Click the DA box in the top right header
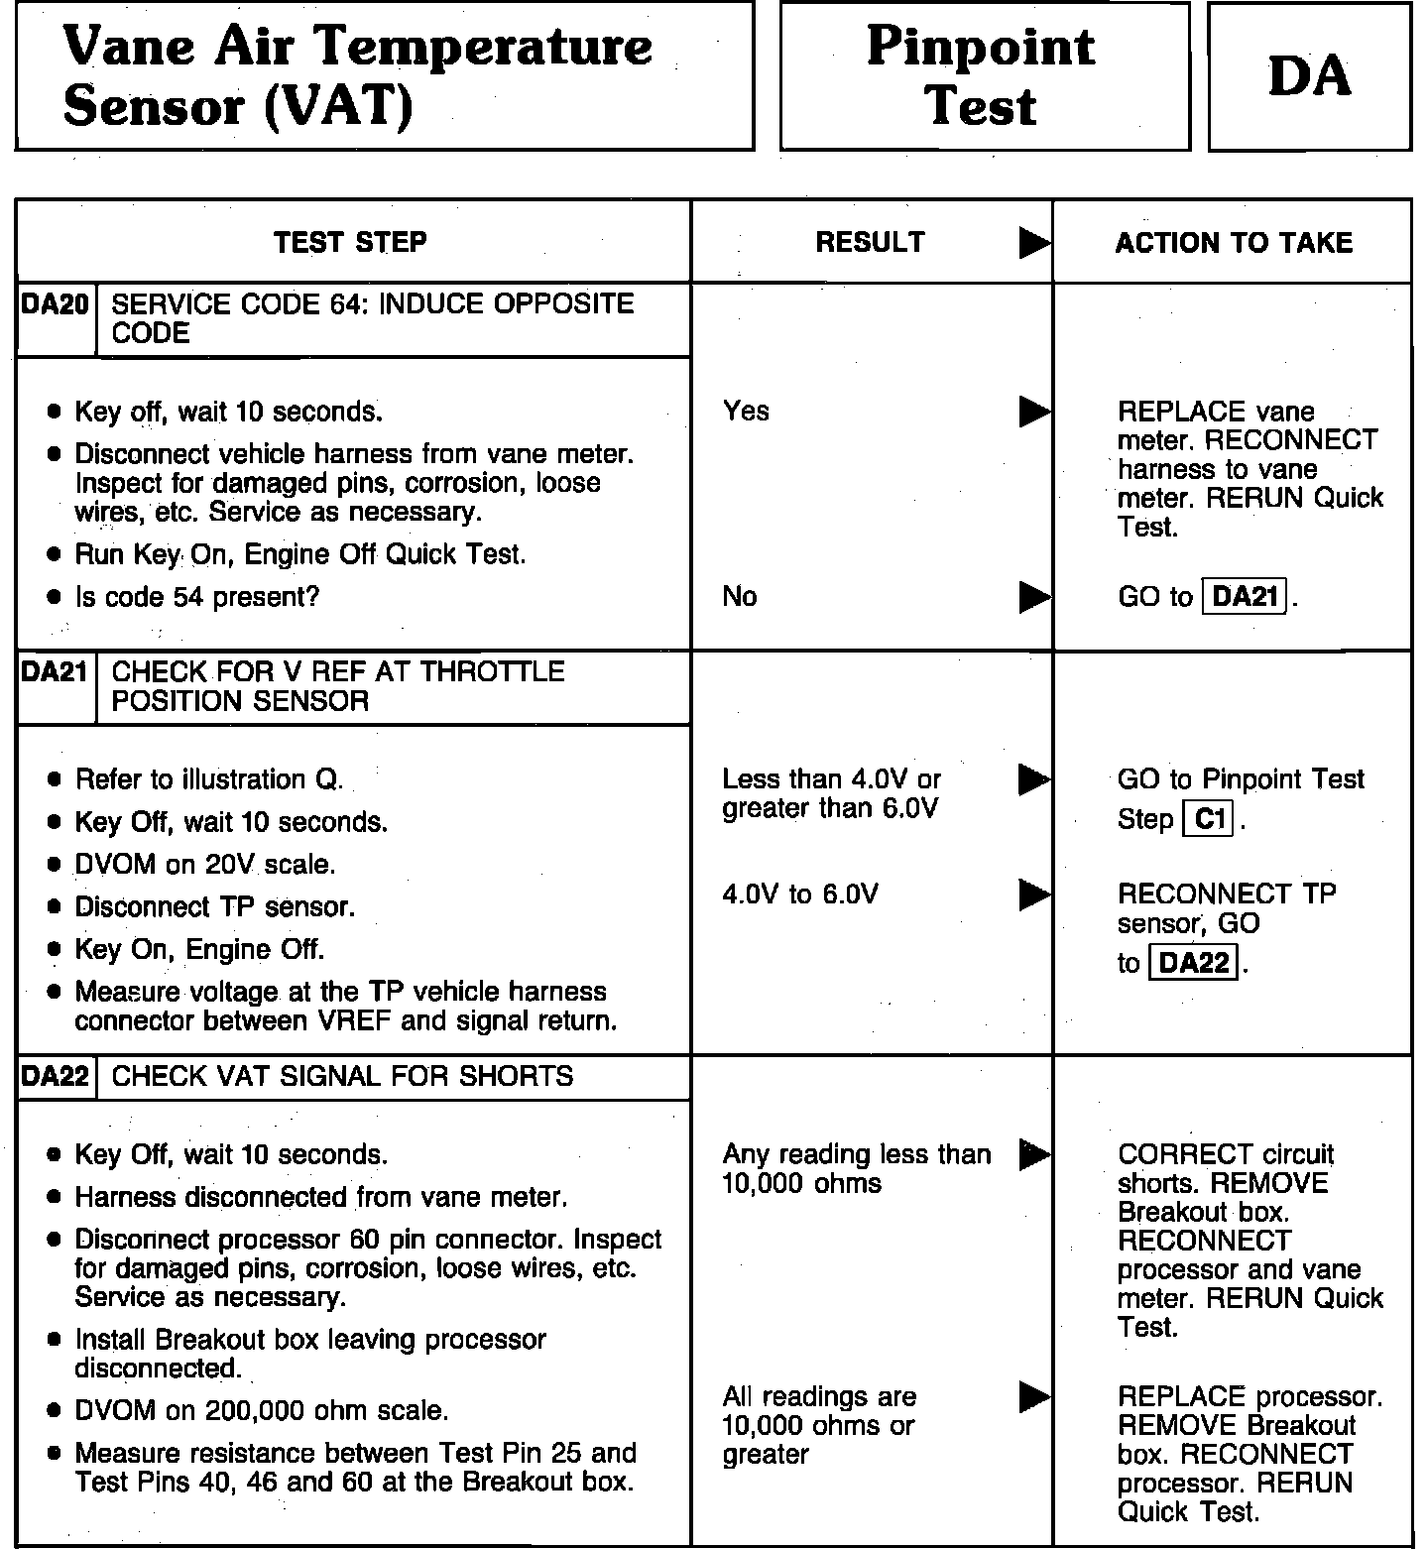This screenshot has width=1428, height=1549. point(1309,76)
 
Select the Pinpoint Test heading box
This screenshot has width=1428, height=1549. point(984,76)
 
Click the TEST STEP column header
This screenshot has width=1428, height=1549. point(350,242)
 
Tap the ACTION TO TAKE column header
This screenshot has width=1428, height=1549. point(1234,243)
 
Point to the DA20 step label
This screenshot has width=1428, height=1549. point(56,304)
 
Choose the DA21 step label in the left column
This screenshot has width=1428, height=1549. point(56,672)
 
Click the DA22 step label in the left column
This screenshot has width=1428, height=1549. point(56,1077)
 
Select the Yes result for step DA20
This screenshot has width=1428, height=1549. point(746,411)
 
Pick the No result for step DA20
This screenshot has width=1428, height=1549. point(740,596)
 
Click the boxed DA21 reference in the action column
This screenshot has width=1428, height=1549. point(1245,596)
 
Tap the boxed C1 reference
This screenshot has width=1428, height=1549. point(1209,819)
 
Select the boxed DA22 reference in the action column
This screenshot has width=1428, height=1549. point(1193,962)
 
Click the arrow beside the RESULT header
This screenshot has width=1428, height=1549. point(1034,243)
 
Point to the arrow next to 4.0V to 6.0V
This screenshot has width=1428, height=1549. point(1034,894)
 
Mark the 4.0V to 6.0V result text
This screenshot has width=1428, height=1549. point(799,894)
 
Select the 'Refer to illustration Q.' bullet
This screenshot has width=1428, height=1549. point(208,779)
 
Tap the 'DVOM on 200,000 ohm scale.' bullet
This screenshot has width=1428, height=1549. point(261,1410)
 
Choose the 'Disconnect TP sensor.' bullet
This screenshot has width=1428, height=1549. point(214,907)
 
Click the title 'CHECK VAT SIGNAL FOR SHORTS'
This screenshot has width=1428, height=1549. point(342,1077)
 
